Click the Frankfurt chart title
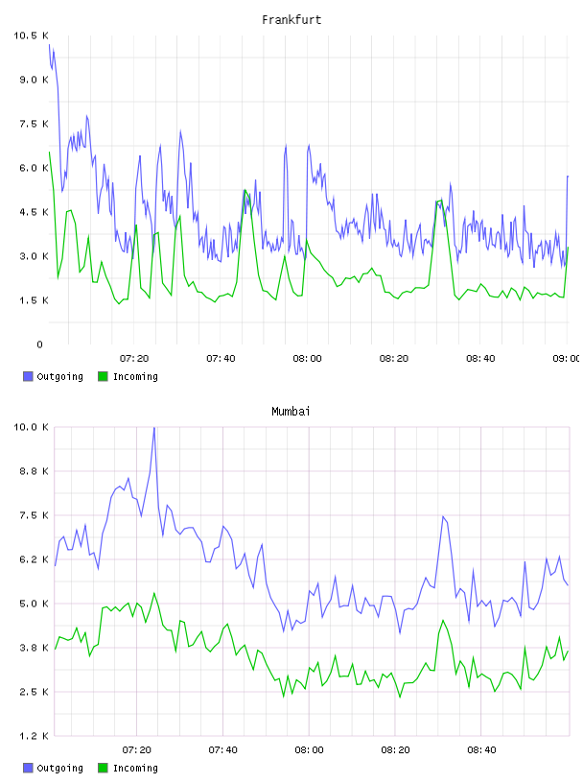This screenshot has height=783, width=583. (291, 20)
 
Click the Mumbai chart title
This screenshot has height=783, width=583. (291, 412)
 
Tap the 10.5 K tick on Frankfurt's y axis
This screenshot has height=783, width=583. (31, 36)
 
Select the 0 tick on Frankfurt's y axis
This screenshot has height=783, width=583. (40, 344)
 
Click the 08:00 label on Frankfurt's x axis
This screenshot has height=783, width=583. (307, 359)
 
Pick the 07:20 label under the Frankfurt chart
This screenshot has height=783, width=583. (134, 359)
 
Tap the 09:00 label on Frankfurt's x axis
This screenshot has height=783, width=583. (567, 359)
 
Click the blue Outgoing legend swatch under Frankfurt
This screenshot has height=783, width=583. (28, 376)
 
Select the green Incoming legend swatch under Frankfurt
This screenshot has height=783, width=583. (103, 376)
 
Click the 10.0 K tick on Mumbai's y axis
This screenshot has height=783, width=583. (31, 427)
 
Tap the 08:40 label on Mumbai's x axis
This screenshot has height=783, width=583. (481, 750)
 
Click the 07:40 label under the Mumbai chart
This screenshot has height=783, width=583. (222, 750)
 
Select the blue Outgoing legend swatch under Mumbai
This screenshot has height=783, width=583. (28, 768)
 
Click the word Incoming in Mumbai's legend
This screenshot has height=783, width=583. (135, 768)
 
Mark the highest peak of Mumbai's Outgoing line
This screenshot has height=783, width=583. (154, 427)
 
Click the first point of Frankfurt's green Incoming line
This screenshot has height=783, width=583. (50, 152)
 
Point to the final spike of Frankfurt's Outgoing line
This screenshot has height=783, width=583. (568, 177)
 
